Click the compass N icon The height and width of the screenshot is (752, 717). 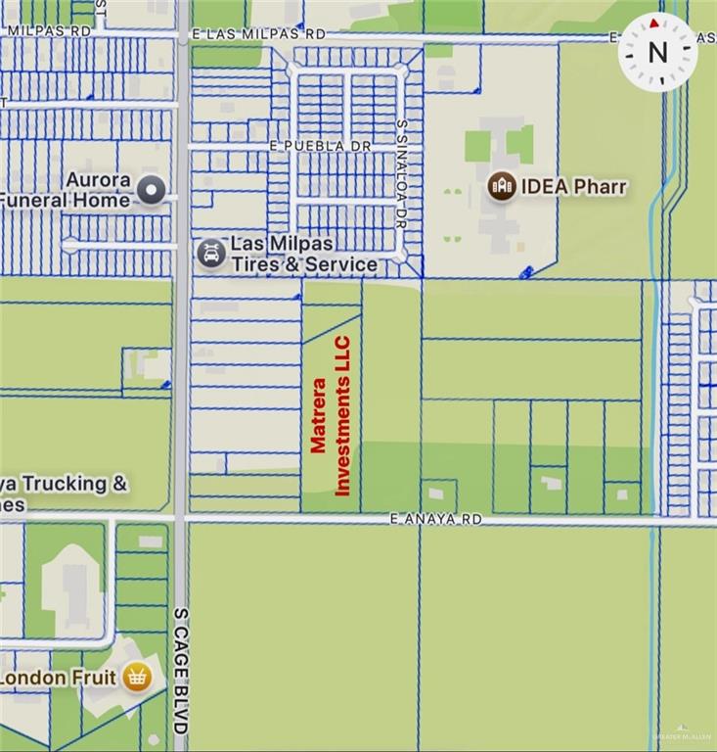pyautogui.click(x=657, y=51)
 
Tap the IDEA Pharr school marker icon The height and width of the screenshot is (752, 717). pyautogui.click(x=502, y=186)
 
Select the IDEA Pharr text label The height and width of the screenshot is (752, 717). pyautogui.click(x=572, y=186)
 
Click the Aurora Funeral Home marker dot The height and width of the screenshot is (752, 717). pyautogui.click(x=151, y=190)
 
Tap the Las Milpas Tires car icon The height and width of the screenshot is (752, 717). pyautogui.click(x=210, y=254)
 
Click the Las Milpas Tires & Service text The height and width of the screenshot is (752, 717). pyautogui.click(x=303, y=254)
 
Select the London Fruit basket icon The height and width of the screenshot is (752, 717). pyautogui.click(x=137, y=677)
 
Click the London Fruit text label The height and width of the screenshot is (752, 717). pyautogui.click(x=59, y=678)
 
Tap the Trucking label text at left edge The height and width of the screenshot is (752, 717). pyautogui.click(x=64, y=484)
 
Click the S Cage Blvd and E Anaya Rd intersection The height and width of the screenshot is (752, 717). pyautogui.click(x=182, y=518)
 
